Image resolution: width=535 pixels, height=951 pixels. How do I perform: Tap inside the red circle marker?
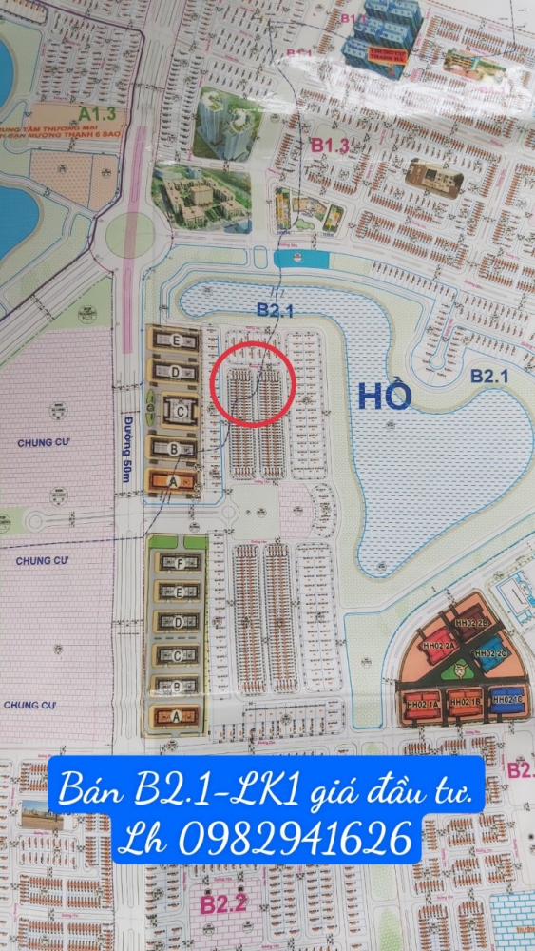[253, 384]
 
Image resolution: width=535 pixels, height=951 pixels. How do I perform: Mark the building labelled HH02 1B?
[466, 704]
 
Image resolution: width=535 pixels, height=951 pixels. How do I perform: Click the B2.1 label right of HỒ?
[490, 376]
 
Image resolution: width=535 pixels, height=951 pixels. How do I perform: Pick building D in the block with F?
[178, 621]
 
